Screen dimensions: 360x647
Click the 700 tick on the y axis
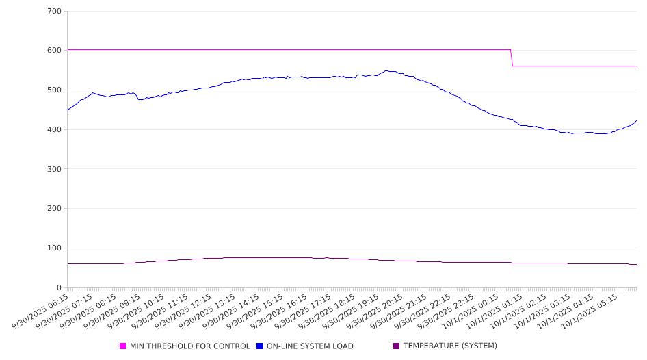55,12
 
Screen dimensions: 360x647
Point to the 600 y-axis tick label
55,51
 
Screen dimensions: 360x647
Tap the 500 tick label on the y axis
55,90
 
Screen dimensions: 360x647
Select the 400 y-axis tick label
55,130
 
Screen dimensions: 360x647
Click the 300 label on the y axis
55,169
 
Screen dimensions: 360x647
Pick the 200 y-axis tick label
55,209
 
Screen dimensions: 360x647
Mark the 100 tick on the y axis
55,248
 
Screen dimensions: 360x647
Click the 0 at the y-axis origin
60,288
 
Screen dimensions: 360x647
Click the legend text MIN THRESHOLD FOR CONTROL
189,346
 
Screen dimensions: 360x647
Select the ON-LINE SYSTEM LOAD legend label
310,346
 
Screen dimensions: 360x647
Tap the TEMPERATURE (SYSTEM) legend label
450,346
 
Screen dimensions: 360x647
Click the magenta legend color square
123,346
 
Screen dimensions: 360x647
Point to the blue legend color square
260,346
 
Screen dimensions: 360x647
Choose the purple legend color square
397,346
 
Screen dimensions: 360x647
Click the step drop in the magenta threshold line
512,58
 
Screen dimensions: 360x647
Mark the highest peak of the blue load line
387,70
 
